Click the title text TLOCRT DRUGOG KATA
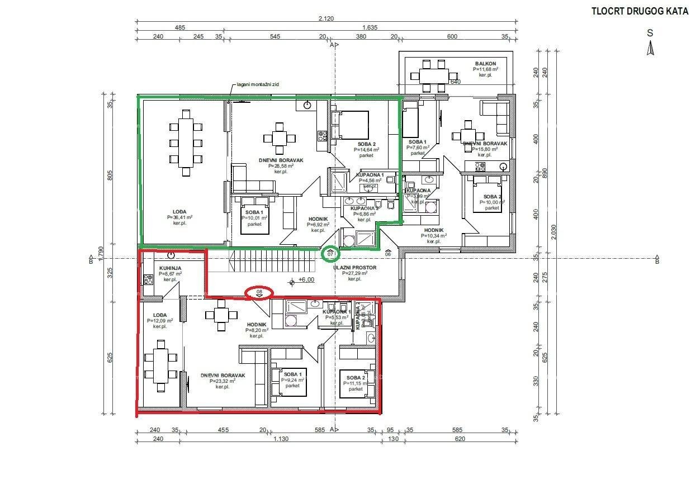click(x=640, y=11)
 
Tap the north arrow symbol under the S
click(x=650, y=49)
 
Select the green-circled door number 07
click(x=331, y=254)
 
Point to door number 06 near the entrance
click(x=388, y=254)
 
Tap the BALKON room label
click(x=486, y=64)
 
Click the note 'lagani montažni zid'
click(x=258, y=85)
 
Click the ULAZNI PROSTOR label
click(x=355, y=268)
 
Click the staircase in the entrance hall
click(x=274, y=262)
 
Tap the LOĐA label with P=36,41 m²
click(x=179, y=211)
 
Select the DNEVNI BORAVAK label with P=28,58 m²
click(x=281, y=160)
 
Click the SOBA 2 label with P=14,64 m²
click(x=367, y=144)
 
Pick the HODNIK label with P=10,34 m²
click(x=433, y=230)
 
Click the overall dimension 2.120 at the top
click(x=326, y=18)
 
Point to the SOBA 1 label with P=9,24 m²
click(x=292, y=374)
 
